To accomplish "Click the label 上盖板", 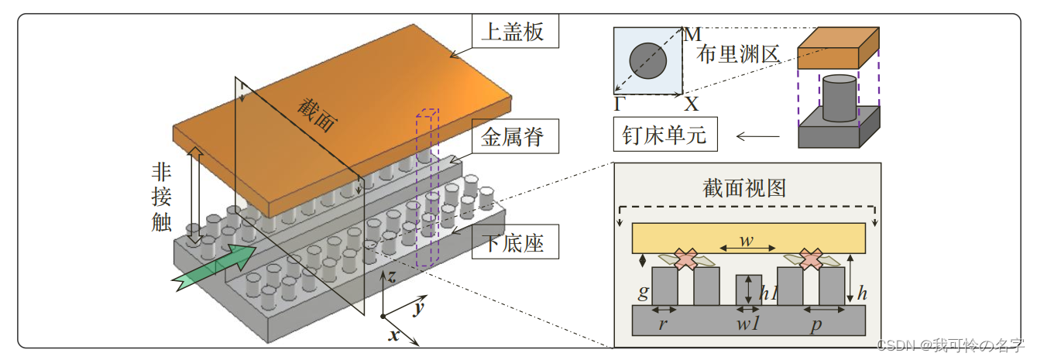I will point(513,32).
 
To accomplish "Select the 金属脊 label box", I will point(513,138).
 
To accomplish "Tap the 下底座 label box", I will point(513,243).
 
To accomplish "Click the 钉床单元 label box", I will point(664,136).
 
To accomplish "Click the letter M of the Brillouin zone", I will point(692,34).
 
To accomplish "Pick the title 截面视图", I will point(745,188).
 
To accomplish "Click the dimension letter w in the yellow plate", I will point(747,240).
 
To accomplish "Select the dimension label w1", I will point(747,324).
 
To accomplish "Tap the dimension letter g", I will point(642,293).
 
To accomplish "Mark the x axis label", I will point(393,335).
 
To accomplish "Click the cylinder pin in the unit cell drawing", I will point(839,98).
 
